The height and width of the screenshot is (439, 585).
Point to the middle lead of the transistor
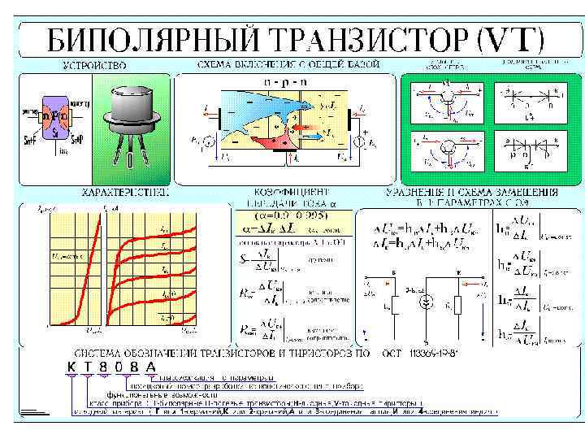click(x=132, y=150)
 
